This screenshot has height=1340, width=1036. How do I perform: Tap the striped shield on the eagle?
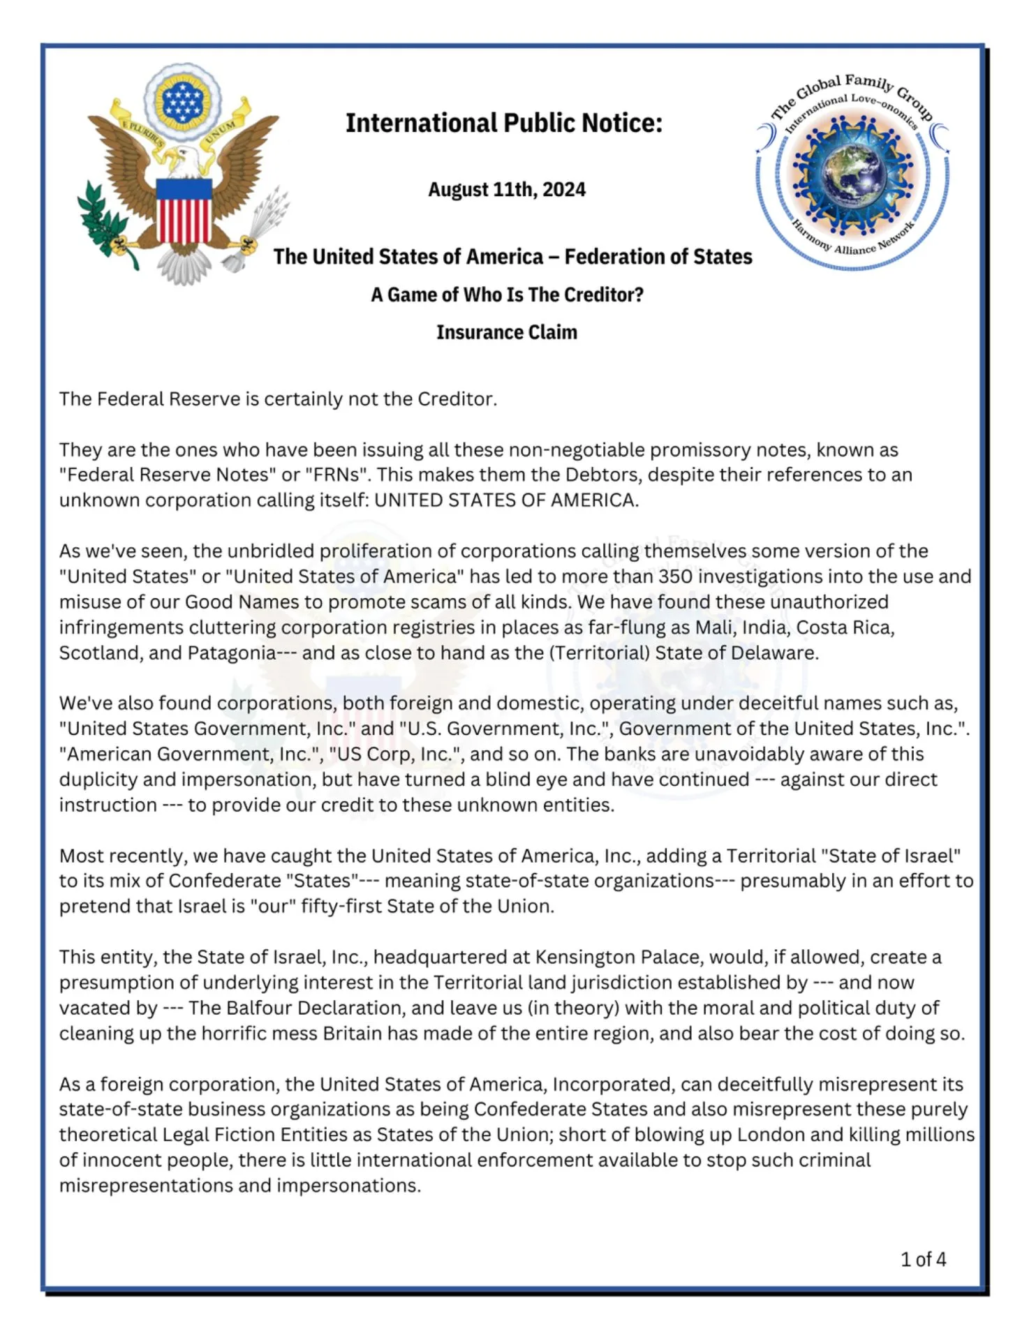(x=184, y=210)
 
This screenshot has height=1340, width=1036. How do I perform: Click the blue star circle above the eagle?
(x=182, y=103)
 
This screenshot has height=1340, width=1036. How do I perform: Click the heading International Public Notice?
(x=503, y=124)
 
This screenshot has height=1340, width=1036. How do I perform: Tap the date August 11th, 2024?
(x=507, y=190)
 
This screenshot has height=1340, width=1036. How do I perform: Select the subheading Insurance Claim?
(x=507, y=332)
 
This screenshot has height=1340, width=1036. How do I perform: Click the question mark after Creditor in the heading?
(x=639, y=295)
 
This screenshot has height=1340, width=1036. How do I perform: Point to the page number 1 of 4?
(x=923, y=1259)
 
